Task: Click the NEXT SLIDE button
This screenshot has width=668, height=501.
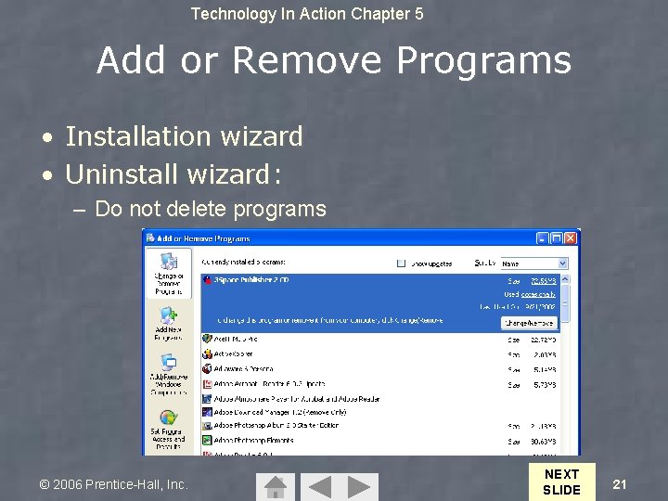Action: pos(561,482)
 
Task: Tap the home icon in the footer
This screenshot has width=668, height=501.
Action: pos(275,487)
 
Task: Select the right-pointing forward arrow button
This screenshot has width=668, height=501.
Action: pos(363,487)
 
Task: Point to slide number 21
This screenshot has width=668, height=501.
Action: pos(621,483)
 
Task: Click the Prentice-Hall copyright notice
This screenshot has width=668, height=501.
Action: pos(113,484)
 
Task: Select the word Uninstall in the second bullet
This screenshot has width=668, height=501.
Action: pos(122,173)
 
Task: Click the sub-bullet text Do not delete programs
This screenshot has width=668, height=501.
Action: pos(211,209)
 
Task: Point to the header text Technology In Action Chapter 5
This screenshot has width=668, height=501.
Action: pos(307,14)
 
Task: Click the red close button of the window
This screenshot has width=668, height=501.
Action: pos(571,238)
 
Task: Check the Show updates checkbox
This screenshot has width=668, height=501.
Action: pos(402,263)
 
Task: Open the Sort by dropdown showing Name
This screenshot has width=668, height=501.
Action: pos(534,263)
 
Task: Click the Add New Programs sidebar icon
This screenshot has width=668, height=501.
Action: pos(168,320)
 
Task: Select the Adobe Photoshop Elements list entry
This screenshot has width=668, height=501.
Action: pos(253,440)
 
